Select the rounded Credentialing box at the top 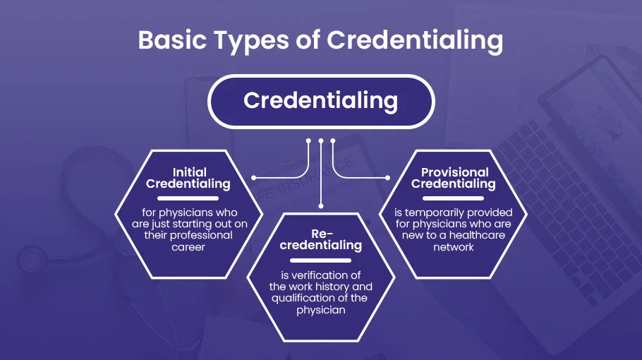pyautogui.click(x=320, y=101)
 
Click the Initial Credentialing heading pyautogui.click(x=188, y=178)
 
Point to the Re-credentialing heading pyautogui.click(x=320, y=239)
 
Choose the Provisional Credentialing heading pyautogui.click(x=454, y=178)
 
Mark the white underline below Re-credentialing pyautogui.click(x=320, y=260)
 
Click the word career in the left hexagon pyautogui.click(x=188, y=247)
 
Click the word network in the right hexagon pyautogui.click(x=454, y=247)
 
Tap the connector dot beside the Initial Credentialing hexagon pyautogui.click(x=254, y=177)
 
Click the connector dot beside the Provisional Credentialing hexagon pyautogui.click(x=387, y=177)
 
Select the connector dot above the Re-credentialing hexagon pyautogui.click(x=320, y=205)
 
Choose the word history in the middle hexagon pyautogui.click(x=336, y=287)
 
